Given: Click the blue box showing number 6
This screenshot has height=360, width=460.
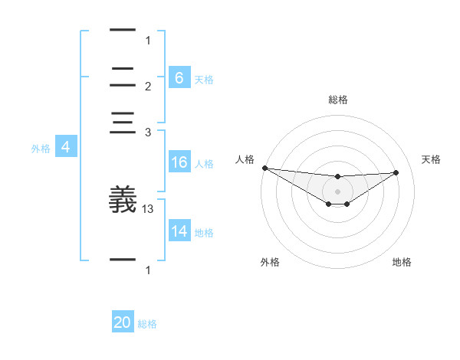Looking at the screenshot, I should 179,77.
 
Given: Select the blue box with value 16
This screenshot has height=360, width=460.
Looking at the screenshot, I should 179,162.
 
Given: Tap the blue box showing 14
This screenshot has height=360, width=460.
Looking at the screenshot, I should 179,231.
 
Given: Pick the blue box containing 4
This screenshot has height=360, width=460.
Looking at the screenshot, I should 66,148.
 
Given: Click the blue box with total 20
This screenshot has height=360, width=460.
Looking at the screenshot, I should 123,323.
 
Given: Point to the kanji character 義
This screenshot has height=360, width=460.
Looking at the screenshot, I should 123,201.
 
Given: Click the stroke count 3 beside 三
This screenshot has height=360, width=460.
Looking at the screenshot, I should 148,133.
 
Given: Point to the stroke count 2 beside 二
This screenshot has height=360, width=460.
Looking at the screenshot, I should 148,86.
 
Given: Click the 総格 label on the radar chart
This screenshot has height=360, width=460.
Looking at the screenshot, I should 338,100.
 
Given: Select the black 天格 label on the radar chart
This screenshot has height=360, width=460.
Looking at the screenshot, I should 432,159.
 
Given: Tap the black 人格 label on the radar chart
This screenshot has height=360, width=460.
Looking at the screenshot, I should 245,159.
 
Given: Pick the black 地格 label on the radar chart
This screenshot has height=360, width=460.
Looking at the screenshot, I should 402,262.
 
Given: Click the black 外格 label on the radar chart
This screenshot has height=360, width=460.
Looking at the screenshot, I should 270,262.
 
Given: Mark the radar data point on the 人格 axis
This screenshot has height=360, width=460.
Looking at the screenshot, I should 264,168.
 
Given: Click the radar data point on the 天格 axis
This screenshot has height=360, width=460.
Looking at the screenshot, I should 396,172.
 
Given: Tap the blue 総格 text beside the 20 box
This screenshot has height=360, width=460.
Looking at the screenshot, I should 147,324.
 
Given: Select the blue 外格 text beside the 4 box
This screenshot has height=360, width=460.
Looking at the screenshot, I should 41,149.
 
